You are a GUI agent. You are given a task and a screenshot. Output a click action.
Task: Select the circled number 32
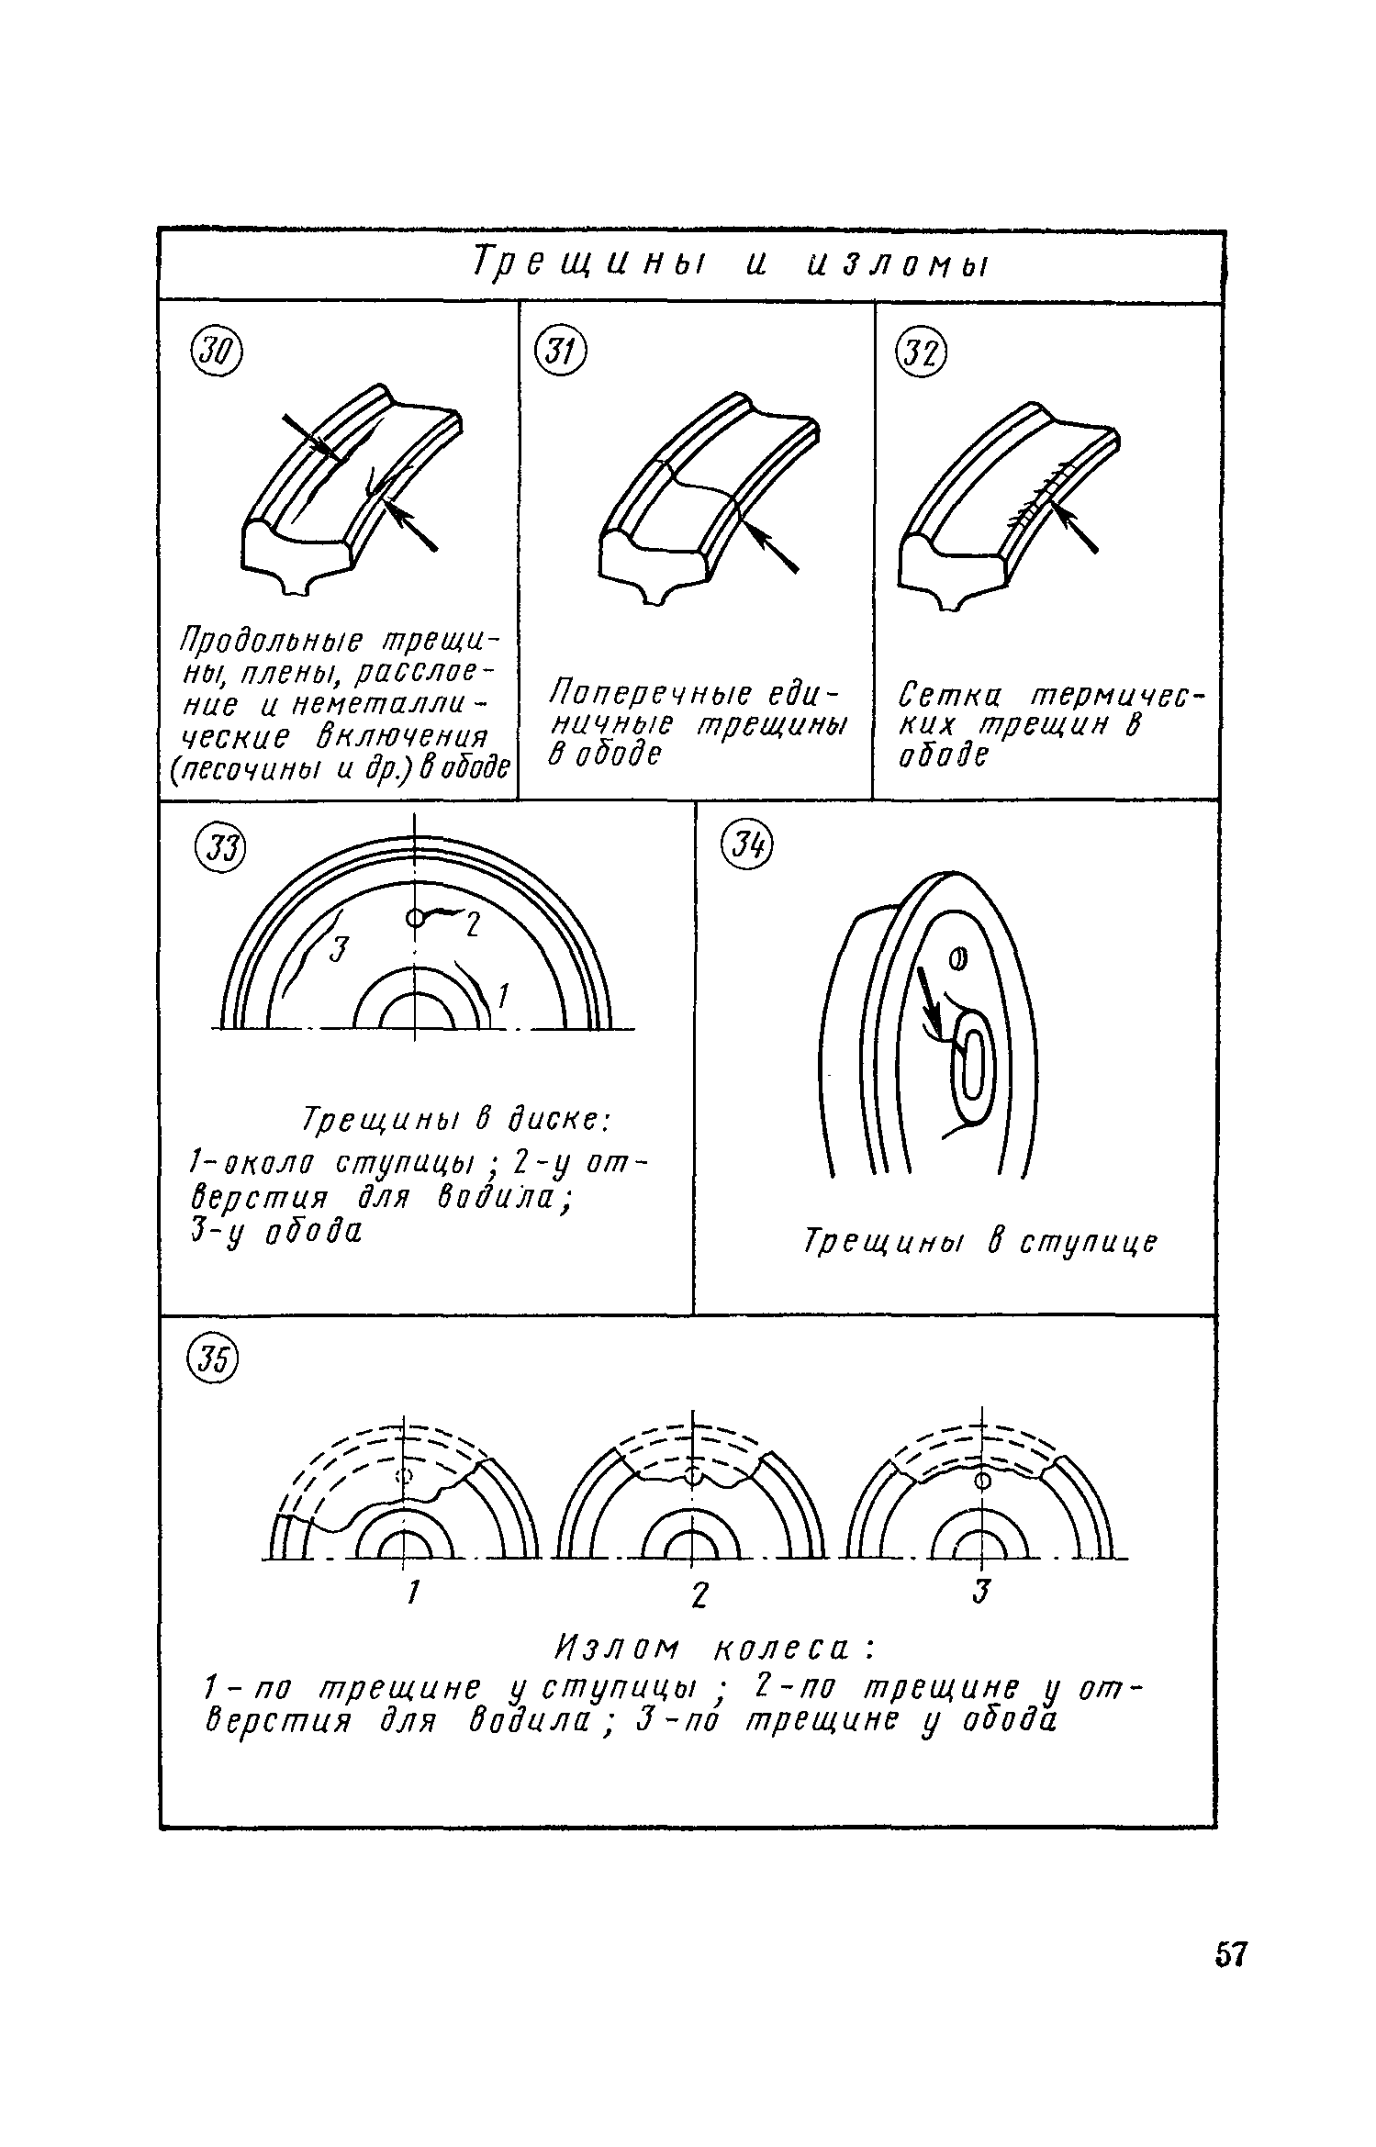pyautogui.click(x=921, y=352)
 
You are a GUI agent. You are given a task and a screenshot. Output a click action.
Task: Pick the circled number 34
pyautogui.click(x=749, y=846)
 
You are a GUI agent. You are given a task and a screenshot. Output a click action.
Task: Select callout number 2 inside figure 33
pyautogui.click(x=471, y=927)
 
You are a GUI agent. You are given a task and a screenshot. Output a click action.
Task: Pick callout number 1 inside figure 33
pyautogui.click(x=502, y=995)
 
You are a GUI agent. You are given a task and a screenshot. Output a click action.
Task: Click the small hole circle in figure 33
pyautogui.click(x=415, y=917)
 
